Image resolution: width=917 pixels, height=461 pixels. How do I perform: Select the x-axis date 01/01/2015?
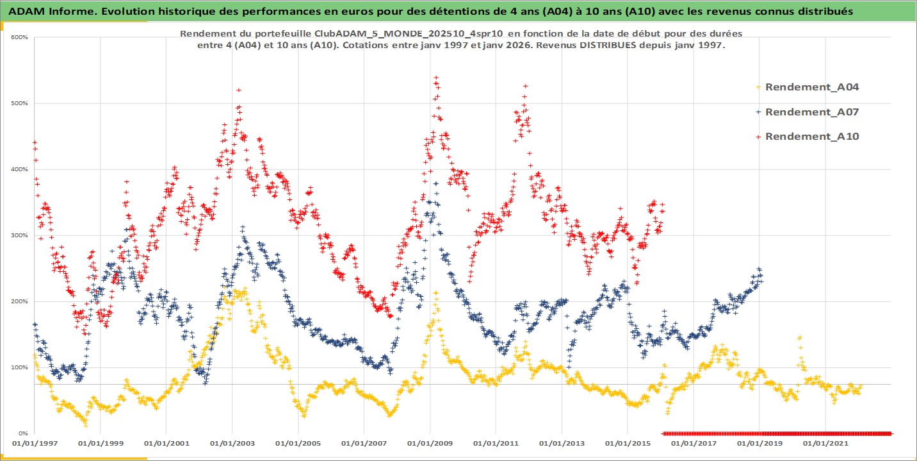click(627, 443)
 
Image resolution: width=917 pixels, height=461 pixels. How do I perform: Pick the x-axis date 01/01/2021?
click(825, 443)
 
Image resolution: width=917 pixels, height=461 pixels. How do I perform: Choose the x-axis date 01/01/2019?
click(759, 443)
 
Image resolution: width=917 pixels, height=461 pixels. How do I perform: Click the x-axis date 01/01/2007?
click(363, 443)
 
